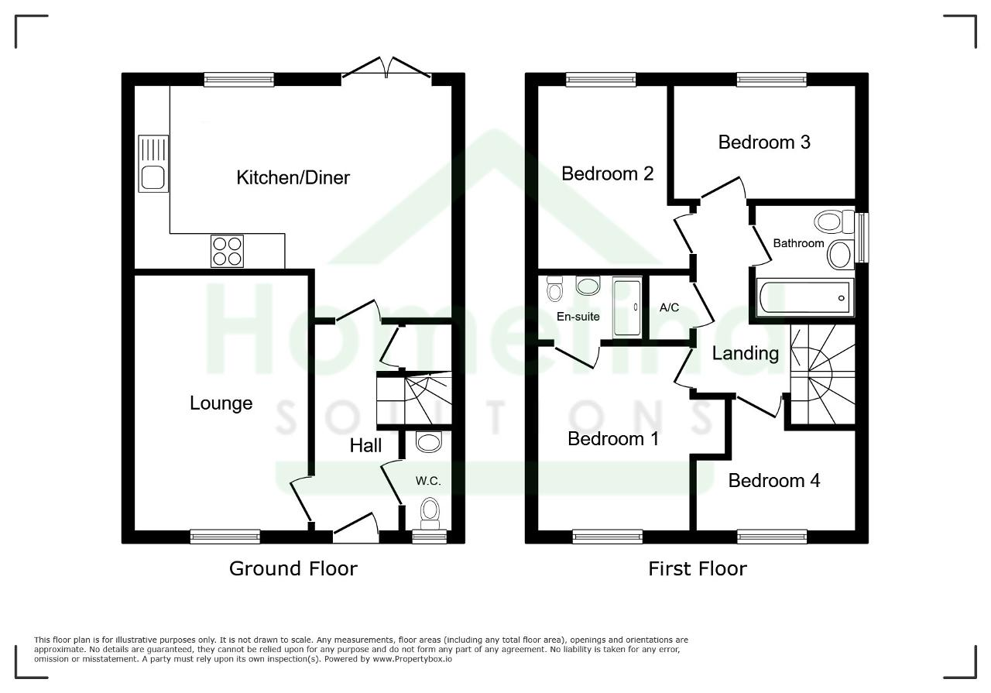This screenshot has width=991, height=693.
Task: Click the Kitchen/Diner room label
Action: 293,178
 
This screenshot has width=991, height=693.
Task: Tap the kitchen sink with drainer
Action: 153,163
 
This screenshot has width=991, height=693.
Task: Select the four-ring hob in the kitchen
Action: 227,251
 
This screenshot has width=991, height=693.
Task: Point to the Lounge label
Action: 221,403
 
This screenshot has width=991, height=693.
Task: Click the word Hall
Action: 365,446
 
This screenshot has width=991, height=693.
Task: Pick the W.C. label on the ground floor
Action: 428,481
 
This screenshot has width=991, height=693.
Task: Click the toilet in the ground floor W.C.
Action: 430,513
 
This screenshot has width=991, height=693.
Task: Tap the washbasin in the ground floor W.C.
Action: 429,441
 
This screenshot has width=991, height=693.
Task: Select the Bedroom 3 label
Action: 764,142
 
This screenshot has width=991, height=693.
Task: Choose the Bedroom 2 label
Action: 608,174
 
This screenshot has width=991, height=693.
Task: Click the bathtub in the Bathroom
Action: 804,297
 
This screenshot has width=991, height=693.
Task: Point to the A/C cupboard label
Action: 669,307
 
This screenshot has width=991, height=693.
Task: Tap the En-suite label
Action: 578,317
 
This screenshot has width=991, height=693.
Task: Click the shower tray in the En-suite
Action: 627,307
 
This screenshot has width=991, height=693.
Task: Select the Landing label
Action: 746,354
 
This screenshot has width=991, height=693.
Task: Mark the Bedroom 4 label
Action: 774,481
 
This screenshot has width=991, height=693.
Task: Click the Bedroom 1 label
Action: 613,439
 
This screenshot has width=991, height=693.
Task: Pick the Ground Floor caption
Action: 293,568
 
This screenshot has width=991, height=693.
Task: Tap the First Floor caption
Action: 698,568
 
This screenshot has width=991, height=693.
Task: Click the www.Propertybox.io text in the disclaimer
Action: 412,659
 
